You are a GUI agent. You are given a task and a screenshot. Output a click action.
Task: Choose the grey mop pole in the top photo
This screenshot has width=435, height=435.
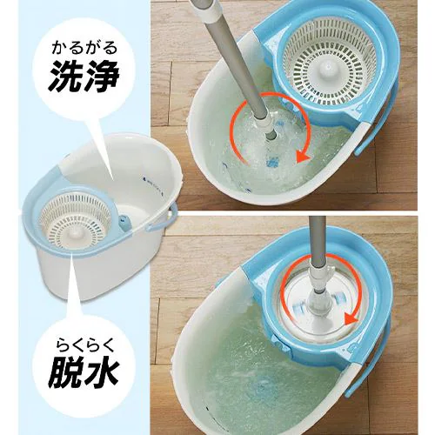[235, 61]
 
